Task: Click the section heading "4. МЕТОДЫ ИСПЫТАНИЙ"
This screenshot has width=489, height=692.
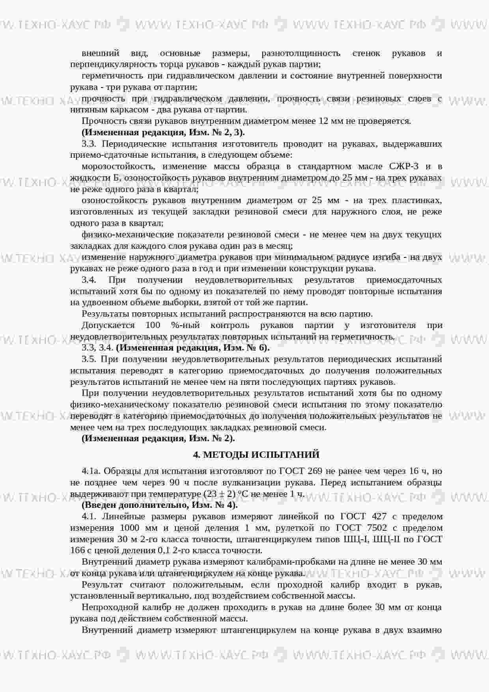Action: [x=256, y=455]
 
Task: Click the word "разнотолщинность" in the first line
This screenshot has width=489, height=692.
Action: [x=300, y=53]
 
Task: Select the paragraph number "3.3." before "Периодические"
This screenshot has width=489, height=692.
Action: [x=89, y=144]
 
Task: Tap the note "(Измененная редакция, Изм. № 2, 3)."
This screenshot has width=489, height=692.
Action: [x=163, y=132]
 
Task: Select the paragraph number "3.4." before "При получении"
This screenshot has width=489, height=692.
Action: [x=89, y=280]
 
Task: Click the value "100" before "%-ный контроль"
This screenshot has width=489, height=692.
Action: [x=153, y=325]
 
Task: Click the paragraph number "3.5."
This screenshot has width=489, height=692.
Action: [x=89, y=359]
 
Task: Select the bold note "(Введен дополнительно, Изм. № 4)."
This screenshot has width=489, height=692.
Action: [x=159, y=505]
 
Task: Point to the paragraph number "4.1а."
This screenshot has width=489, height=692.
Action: [x=91, y=471]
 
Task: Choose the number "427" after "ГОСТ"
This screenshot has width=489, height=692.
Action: [x=379, y=517]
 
